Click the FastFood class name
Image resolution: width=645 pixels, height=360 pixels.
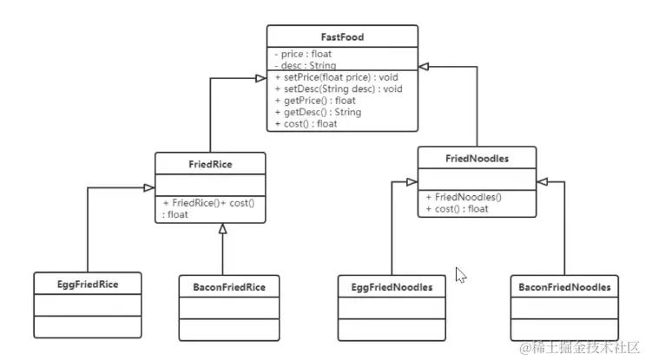tap(341, 38)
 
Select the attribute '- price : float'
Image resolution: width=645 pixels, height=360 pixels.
tap(303, 54)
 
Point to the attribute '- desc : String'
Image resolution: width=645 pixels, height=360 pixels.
tap(305, 65)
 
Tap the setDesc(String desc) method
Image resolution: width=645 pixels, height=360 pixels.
tap(333, 88)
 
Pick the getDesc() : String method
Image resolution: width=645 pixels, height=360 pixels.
tap(318, 112)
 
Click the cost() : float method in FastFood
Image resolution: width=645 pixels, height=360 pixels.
tap(307, 124)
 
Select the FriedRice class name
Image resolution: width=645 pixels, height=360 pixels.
tap(209, 163)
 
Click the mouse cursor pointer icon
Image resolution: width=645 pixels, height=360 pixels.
tap(461, 276)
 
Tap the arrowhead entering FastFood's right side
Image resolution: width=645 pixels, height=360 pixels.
tap(424, 66)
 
